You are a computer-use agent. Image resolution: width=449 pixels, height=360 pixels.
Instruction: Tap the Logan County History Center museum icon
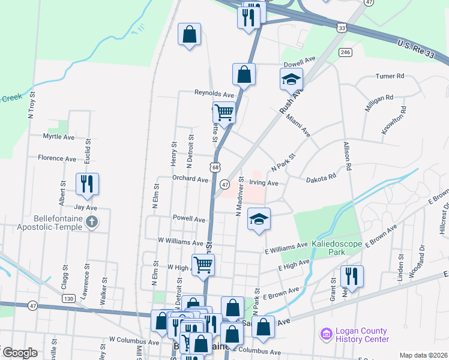click(326, 334)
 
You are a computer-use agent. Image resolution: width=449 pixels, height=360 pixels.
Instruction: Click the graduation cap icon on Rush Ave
click(291, 79)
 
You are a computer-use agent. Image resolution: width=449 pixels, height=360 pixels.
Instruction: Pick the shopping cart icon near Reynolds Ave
click(224, 112)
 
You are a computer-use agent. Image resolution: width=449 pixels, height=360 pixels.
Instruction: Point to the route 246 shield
click(345, 52)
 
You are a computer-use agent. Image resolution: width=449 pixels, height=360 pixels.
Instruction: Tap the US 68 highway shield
click(215, 167)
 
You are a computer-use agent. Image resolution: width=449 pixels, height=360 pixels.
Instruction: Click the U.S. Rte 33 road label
click(423, 52)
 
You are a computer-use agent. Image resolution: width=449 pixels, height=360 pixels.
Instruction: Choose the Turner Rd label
click(390, 76)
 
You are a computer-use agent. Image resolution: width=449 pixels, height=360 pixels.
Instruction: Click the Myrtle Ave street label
click(59, 137)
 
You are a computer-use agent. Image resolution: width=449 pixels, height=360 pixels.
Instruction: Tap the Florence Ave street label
click(57, 158)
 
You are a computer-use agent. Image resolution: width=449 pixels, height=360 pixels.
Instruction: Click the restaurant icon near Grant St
click(351, 276)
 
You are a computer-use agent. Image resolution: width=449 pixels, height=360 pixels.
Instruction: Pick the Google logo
click(19, 353)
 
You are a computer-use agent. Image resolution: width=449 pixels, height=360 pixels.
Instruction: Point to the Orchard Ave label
click(190, 179)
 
